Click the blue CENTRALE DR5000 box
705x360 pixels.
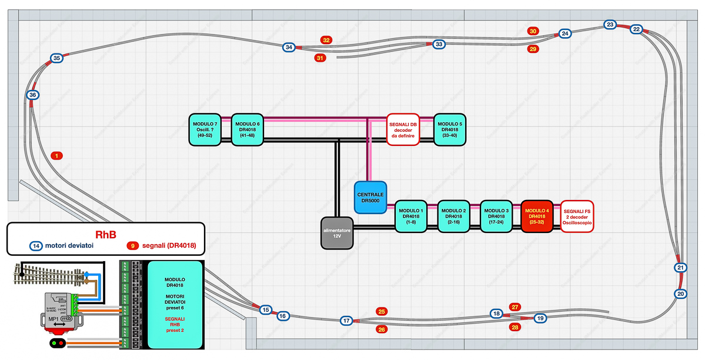pos(370,196)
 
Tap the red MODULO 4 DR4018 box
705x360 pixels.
pos(536,216)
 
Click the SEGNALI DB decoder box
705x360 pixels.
pos(402,129)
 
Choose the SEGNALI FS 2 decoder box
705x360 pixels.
pos(577,216)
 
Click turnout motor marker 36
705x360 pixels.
pos(33,95)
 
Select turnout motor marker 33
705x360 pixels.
pos(439,44)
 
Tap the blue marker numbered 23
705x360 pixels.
pos(610,25)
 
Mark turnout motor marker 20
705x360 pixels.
pos(680,294)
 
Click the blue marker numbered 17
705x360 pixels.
pos(347,321)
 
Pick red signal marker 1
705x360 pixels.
pos(56,156)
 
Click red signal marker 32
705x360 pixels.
pos(326,40)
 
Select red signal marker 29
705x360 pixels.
pos(533,49)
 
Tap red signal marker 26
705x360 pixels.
pos(382,329)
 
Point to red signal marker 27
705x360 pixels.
pos(515,306)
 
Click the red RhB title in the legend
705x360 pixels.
pos(105,234)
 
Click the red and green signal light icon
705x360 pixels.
pos(57,343)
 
